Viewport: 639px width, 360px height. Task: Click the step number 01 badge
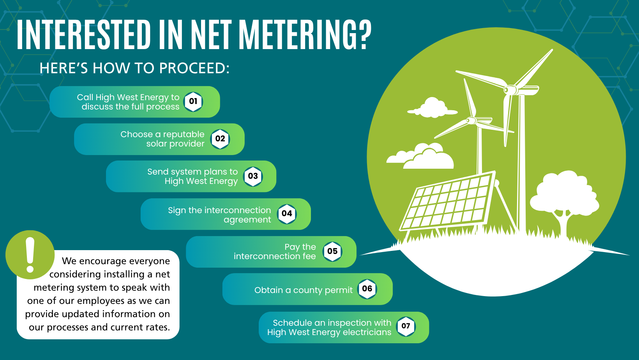193,102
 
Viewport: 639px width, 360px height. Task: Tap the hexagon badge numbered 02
220,139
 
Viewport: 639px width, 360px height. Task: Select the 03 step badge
253,176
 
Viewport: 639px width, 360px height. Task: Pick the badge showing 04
287,214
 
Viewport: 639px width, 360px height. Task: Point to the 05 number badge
332,252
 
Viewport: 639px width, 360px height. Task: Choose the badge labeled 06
367,289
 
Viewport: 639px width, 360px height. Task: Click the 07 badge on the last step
406,326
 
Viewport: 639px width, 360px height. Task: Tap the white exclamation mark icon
30,255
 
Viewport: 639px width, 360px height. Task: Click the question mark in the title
364,35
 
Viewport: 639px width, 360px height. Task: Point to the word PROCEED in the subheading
192,69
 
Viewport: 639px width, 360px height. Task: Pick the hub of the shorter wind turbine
471,120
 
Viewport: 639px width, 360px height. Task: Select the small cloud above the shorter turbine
432,108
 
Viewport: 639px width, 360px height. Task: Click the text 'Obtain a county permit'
303,290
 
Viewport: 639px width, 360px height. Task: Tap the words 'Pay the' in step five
300,247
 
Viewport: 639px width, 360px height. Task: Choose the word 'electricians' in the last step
367,332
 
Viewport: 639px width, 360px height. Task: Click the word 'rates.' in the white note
157,327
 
